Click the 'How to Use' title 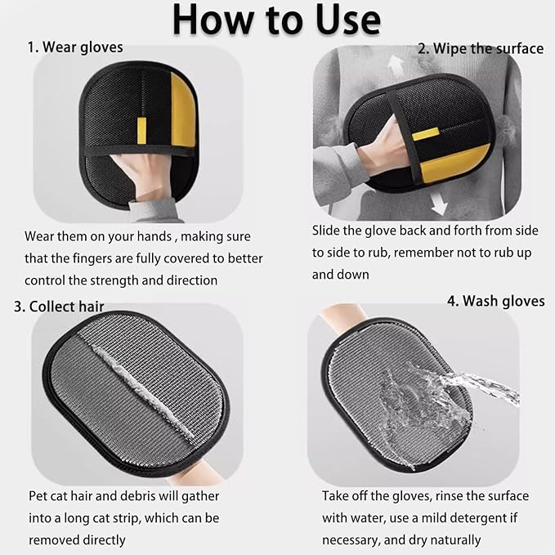click(277, 20)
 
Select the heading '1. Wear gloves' click(75, 47)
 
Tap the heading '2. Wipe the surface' click(481, 48)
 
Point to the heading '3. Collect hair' click(69, 307)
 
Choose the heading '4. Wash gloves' click(495, 301)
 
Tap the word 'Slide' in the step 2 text click(329, 231)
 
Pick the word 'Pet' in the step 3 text click(38, 496)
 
